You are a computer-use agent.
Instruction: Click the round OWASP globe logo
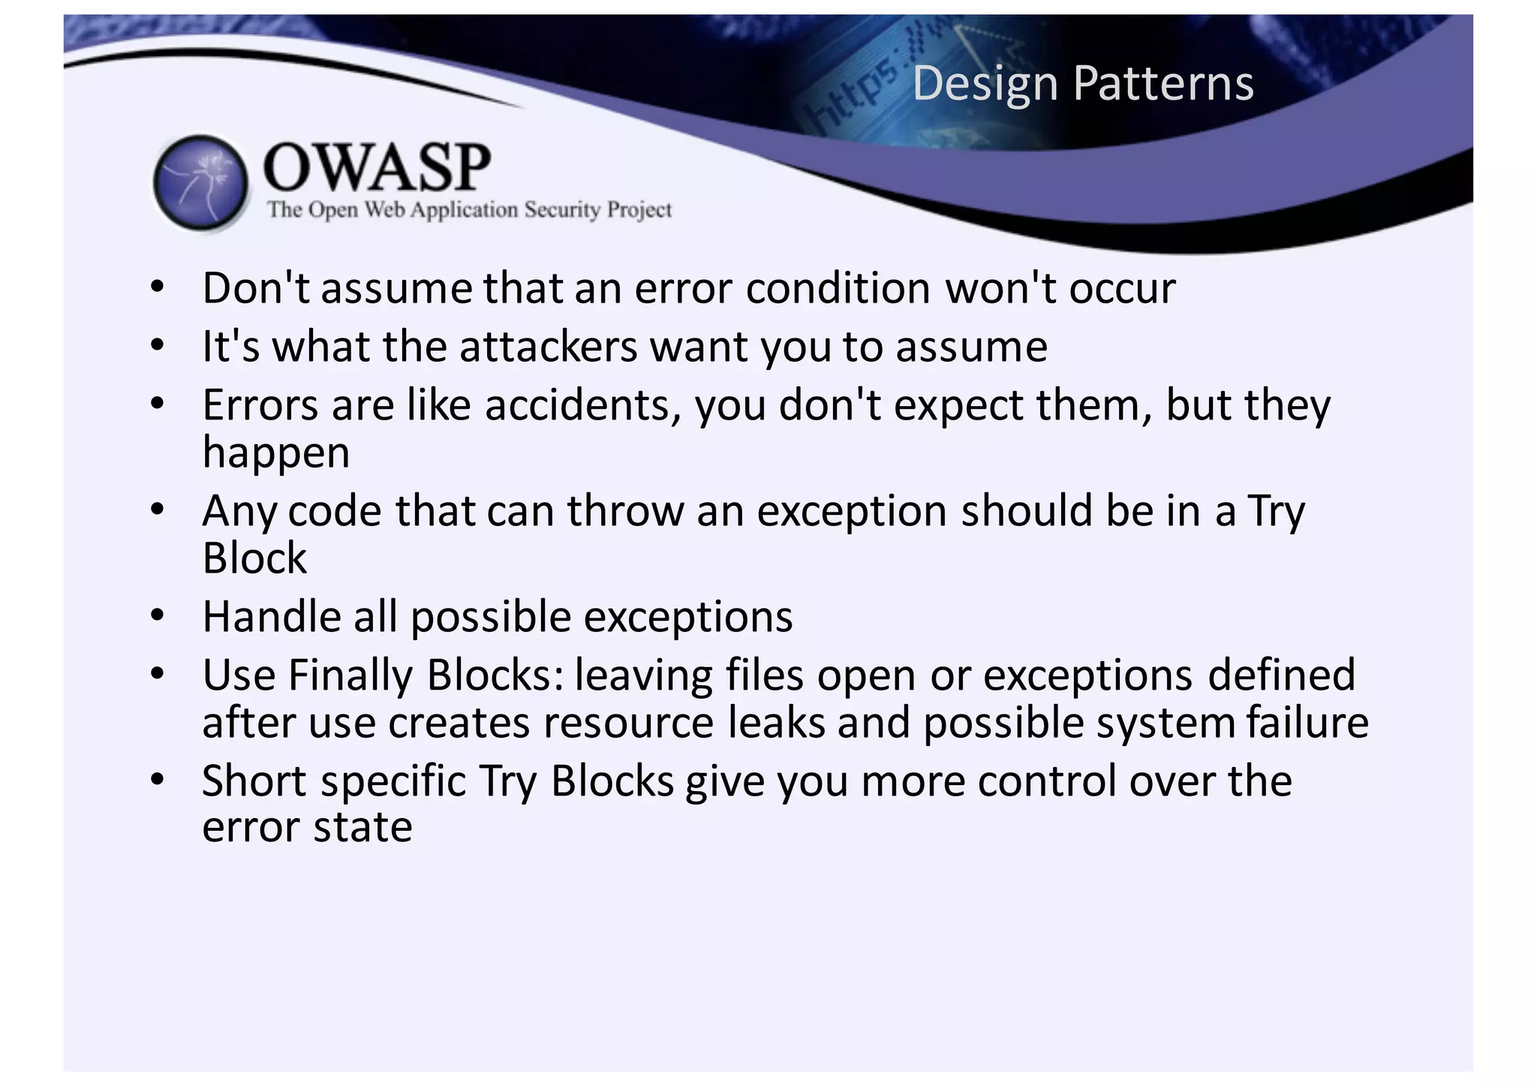[x=200, y=182]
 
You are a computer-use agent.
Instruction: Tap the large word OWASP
[x=377, y=167]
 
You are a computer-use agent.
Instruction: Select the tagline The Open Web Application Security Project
[x=469, y=209]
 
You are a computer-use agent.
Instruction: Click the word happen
[x=275, y=453]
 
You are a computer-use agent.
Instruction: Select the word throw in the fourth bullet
[x=625, y=511]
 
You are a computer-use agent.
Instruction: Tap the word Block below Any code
[x=254, y=558]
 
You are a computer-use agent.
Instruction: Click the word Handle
[x=271, y=617]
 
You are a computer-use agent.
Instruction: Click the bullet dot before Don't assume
[x=156, y=288]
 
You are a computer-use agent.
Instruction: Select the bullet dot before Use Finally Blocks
[x=156, y=675]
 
